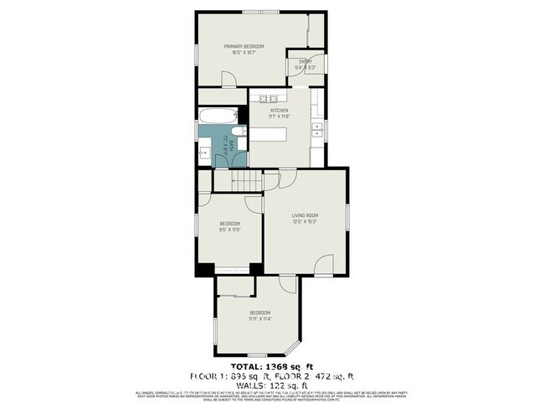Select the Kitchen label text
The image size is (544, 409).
click(279, 110)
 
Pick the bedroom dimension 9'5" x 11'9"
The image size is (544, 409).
click(230, 229)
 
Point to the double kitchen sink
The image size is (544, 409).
click(317, 130)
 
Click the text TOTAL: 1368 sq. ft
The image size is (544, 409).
click(271, 367)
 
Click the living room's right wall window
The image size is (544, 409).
click(345, 223)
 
